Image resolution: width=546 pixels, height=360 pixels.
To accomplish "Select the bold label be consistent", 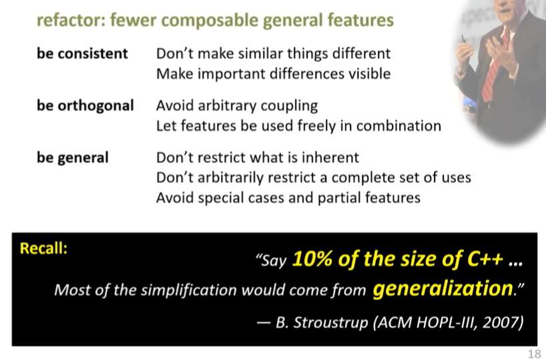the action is pyautogui.click(x=82, y=53).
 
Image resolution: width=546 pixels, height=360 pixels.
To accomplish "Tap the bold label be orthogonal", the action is pyautogui.click(x=85, y=106).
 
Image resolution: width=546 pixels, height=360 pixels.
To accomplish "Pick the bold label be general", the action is pyautogui.click(x=73, y=158).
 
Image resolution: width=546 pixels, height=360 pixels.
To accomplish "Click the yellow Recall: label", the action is pyautogui.click(x=43, y=248).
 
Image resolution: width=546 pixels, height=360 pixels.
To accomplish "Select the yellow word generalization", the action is pyautogui.click(x=443, y=289).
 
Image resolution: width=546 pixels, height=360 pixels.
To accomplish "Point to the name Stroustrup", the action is pyautogui.click(x=331, y=323).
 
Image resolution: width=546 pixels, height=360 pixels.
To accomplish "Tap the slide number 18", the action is pyautogui.click(x=534, y=353).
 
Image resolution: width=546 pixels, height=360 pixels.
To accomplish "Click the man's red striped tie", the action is pyautogui.click(x=495, y=66).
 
